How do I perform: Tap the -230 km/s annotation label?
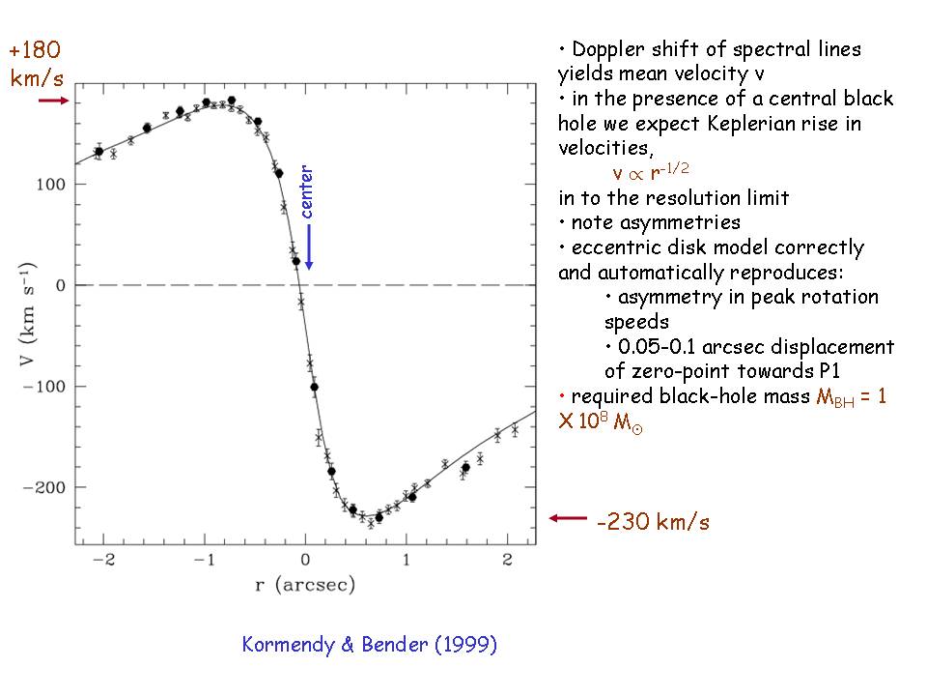pos(653,523)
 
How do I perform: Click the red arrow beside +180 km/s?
pos(54,100)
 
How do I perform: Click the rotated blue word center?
pos(307,192)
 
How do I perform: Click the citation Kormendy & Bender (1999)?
pos(370,645)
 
